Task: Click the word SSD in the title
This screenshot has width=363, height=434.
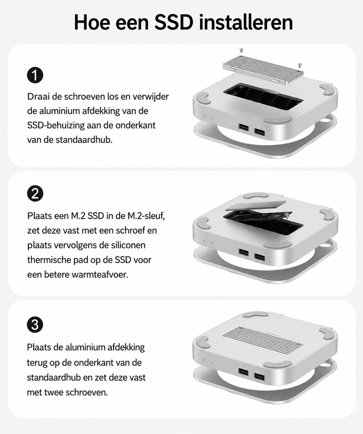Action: [x=174, y=23]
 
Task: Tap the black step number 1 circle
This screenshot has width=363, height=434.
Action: [x=35, y=75]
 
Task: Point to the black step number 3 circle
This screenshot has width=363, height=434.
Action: [x=35, y=325]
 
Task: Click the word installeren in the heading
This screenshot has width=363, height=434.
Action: [x=246, y=22]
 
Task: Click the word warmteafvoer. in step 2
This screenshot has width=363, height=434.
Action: [x=100, y=275]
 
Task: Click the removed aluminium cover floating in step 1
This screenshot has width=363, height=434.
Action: [x=263, y=71]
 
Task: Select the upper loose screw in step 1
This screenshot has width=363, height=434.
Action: [x=241, y=50]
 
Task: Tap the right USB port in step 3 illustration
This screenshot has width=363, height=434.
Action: [x=259, y=377]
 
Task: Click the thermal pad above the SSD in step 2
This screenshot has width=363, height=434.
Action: [x=256, y=205]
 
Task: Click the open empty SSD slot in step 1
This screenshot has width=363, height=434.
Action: [x=263, y=95]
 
